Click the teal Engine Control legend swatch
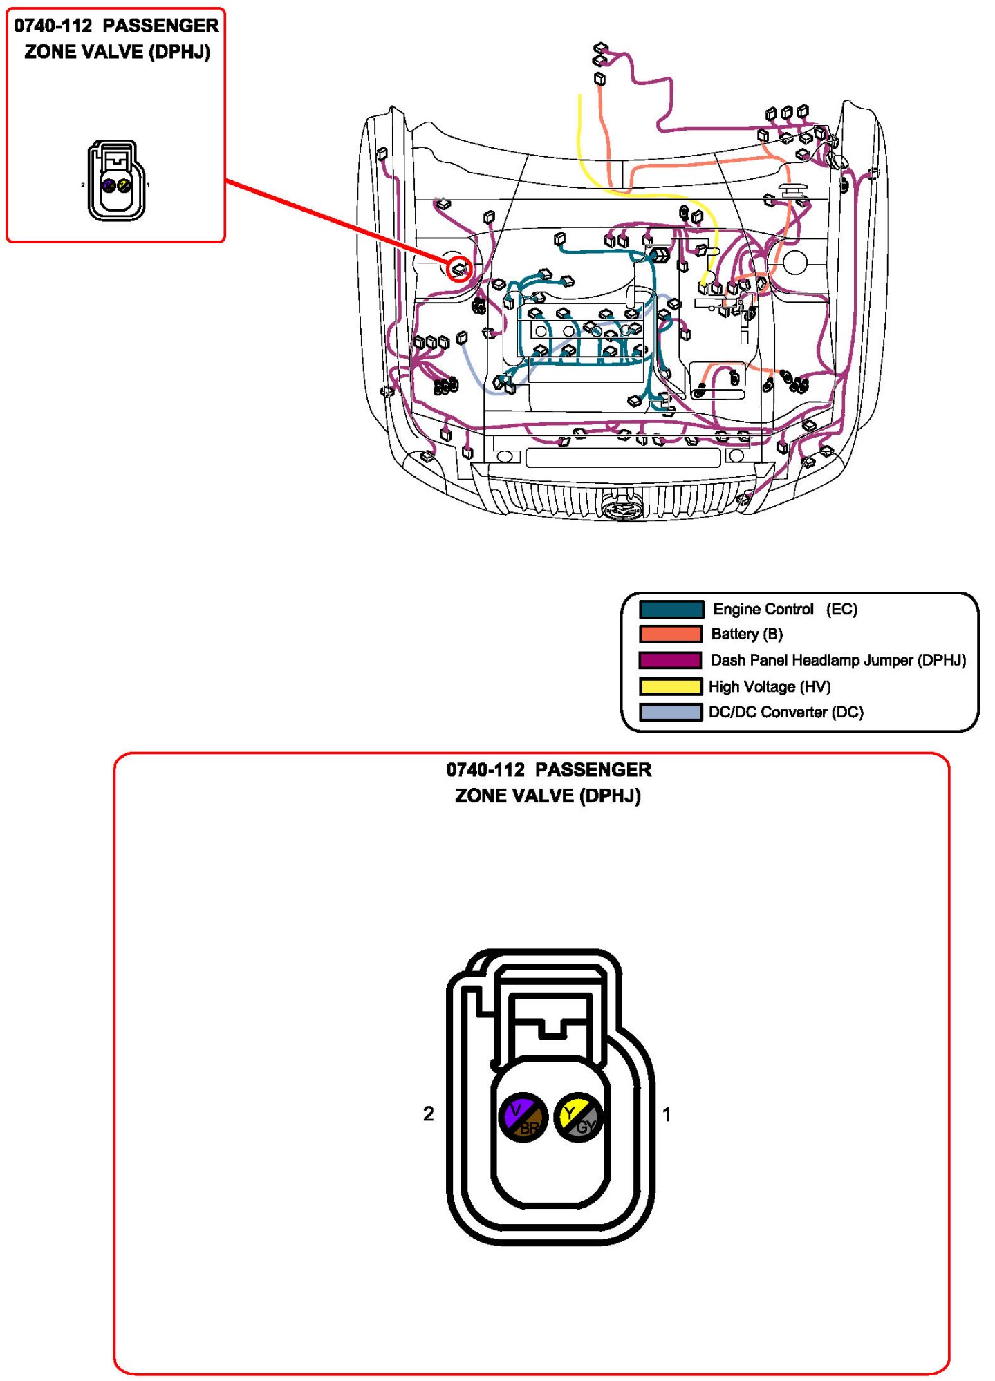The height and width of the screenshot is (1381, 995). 671,609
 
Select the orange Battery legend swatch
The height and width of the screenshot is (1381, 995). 670,634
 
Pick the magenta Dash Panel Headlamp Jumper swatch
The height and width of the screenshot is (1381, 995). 669,660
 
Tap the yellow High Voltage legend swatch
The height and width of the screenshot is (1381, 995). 670,686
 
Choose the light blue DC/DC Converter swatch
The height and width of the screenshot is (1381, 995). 670,712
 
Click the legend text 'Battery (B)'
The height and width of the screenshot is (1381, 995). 747,634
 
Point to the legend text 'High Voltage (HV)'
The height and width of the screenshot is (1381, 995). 770,686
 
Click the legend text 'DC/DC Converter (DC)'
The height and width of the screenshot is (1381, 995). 785,712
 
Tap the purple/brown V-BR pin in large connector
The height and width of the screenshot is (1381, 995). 523,1118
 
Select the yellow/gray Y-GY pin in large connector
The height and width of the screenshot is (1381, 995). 578,1118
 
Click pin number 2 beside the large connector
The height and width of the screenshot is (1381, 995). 429,1114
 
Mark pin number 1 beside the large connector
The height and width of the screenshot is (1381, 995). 667,1114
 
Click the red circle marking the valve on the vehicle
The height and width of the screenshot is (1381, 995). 459,269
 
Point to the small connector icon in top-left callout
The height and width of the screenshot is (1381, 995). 116,181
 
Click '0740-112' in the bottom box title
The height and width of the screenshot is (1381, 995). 485,769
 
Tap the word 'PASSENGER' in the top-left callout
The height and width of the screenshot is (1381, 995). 160,26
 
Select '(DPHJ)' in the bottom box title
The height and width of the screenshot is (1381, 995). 610,796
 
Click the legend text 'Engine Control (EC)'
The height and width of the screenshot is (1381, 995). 785,609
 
